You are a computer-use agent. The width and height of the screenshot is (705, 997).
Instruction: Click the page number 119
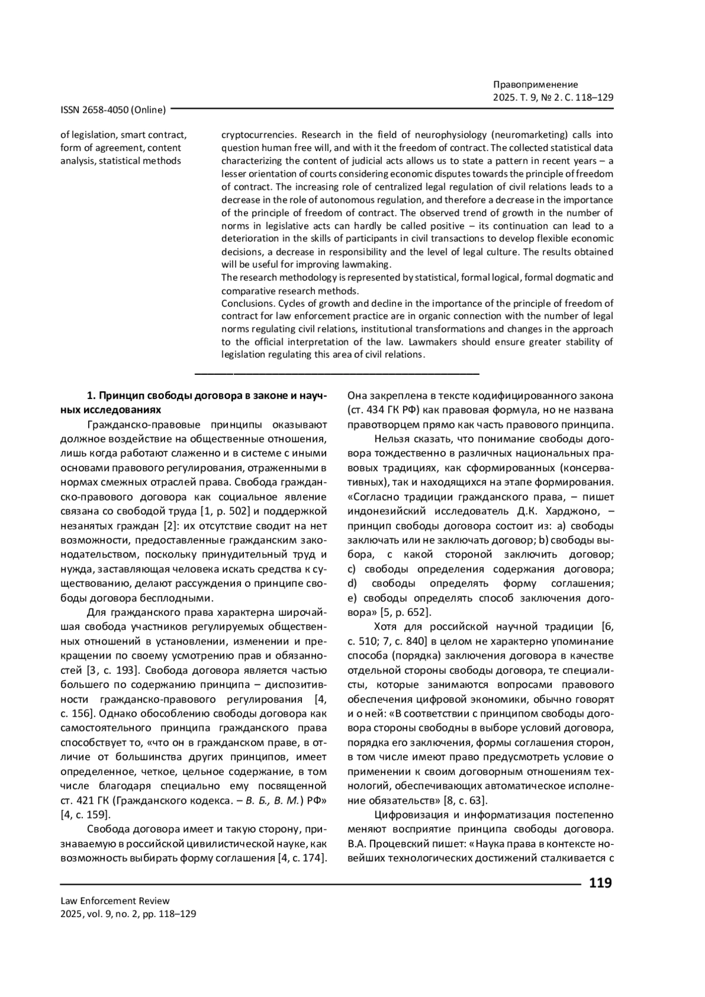pyautogui.click(x=600, y=883)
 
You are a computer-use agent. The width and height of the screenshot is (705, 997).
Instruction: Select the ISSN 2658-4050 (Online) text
pyautogui.click(x=113, y=109)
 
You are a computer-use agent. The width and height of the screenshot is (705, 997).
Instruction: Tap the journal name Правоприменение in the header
pyautogui.click(x=535, y=85)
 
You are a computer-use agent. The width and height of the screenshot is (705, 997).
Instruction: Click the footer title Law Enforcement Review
pyautogui.click(x=115, y=901)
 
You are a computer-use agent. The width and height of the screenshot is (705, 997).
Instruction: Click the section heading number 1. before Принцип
pyautogui.click(x=91, y=395)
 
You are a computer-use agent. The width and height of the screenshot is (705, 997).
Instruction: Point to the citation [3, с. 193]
pyautogui.click(x=112, y=670)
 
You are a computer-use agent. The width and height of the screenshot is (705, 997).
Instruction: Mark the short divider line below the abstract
pyautogui.click(x=337, y=373)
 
